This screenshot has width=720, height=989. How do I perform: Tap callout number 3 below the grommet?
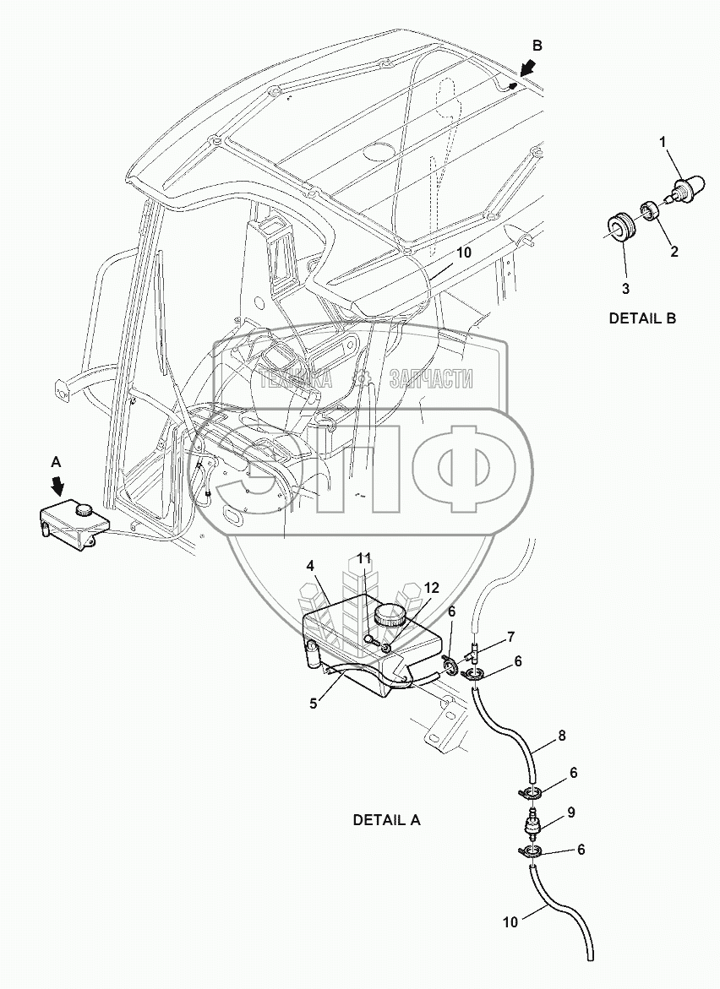[x=625, y=289]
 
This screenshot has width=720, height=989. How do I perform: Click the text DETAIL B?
[x=642, y=319]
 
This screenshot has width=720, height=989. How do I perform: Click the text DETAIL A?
[x=386, y=819]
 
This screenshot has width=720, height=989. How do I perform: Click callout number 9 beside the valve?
[x=570, y=812]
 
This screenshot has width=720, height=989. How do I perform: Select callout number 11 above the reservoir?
[x=363, y=558]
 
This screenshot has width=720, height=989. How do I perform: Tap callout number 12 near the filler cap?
[x=432, y=587]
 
